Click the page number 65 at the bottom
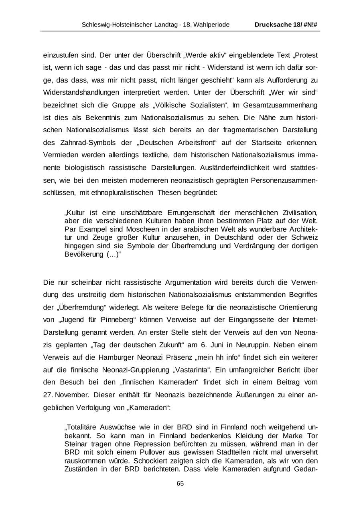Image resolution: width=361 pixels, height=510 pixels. pos(180,484)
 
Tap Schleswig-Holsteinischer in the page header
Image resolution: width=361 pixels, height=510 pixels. pos(116,25)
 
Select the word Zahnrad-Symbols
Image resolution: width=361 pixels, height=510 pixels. pos(91,142)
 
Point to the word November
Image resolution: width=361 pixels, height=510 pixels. pos(71,395)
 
